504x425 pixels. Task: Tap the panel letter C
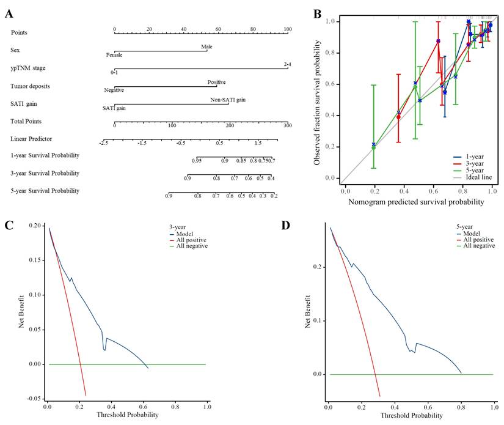pos(9,224)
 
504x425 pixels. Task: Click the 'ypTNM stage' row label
pos(28,67)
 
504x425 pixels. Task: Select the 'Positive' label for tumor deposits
pos(216,82)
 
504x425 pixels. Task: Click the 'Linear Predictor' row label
pos(31,139)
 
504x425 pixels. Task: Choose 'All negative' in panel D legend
pos(483,246)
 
